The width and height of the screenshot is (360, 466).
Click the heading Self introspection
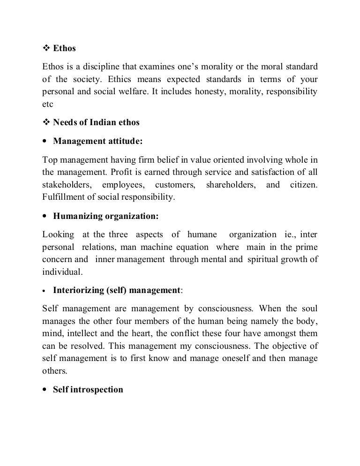click(x=88, y=390)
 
